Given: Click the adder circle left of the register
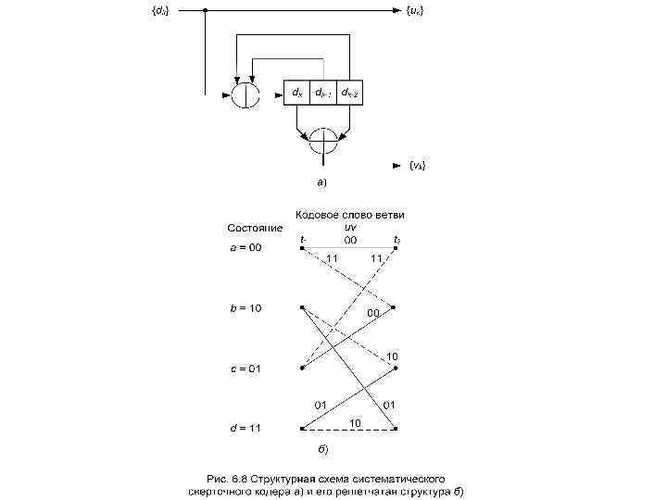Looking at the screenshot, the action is coord(245,94).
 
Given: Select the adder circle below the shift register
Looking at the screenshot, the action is coord(324,142).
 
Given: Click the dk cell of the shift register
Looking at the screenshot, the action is coord(296,94).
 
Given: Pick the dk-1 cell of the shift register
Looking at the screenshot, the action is coord(321,94).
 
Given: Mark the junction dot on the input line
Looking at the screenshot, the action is coord(204,10).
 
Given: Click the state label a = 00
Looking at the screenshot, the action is coord(246,247).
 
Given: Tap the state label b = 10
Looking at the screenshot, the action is coord(246,307).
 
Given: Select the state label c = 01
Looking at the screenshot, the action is coord(246,368).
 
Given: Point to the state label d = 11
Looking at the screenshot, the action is coord(246,428).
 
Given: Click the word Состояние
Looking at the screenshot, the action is coord(255,228).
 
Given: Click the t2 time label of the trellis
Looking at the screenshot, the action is coord(396,240).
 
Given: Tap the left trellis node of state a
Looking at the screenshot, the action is coord(303,247).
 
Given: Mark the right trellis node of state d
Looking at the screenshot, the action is coord(396,428).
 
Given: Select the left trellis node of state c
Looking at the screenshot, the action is coord(303,368).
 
